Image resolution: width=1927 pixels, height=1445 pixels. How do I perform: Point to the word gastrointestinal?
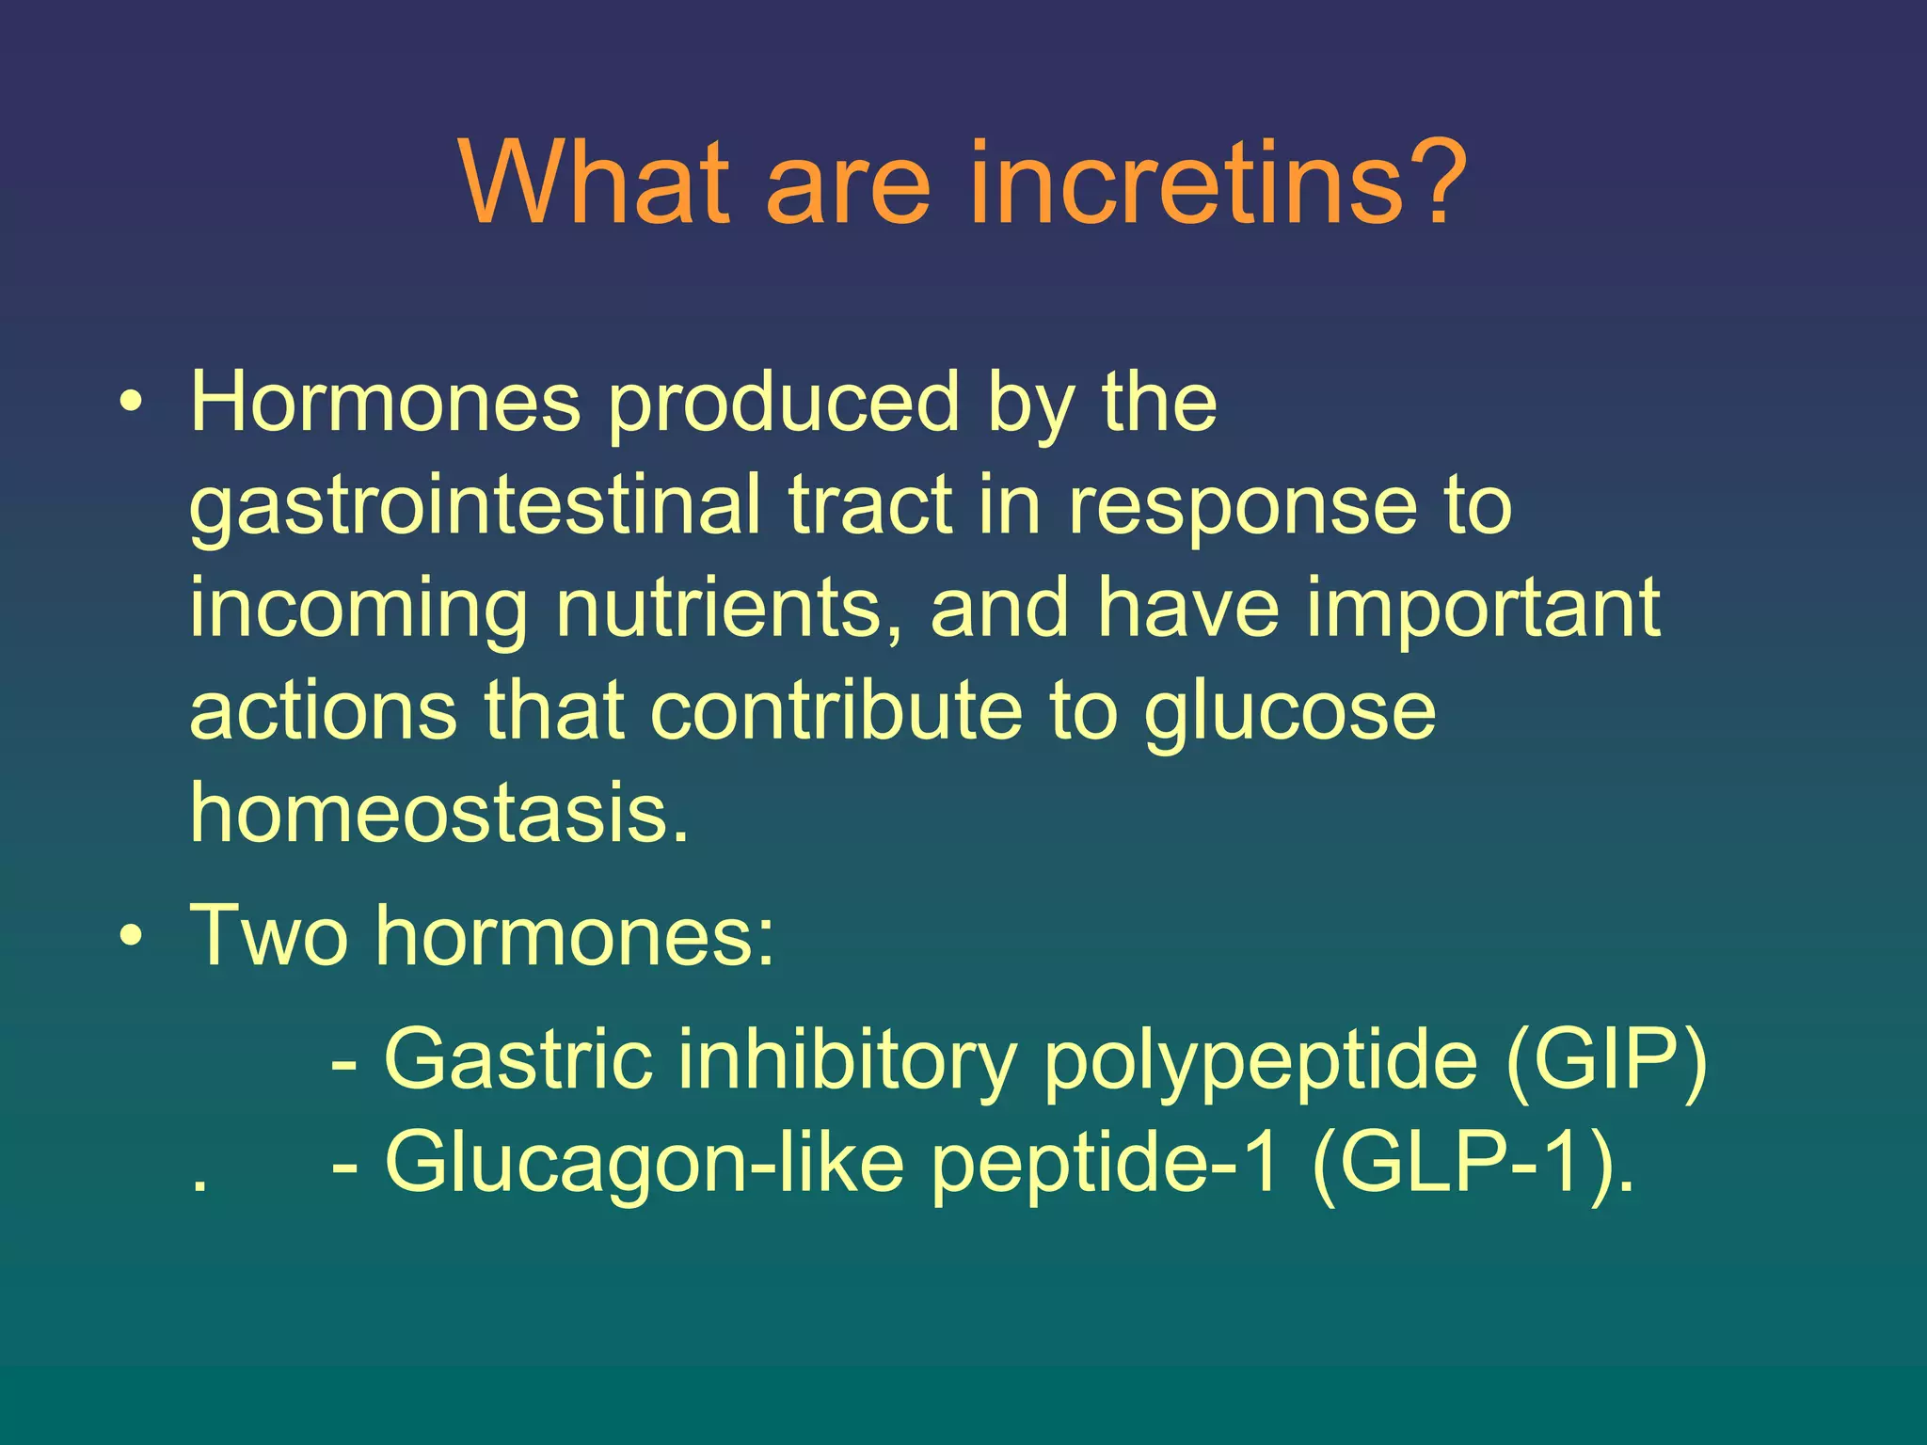pos(474,508)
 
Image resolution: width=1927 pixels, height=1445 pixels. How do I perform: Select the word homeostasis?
pos(438,811)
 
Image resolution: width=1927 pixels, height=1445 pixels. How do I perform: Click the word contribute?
pos(836,710)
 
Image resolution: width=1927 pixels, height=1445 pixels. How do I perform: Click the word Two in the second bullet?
pos(268,936)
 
